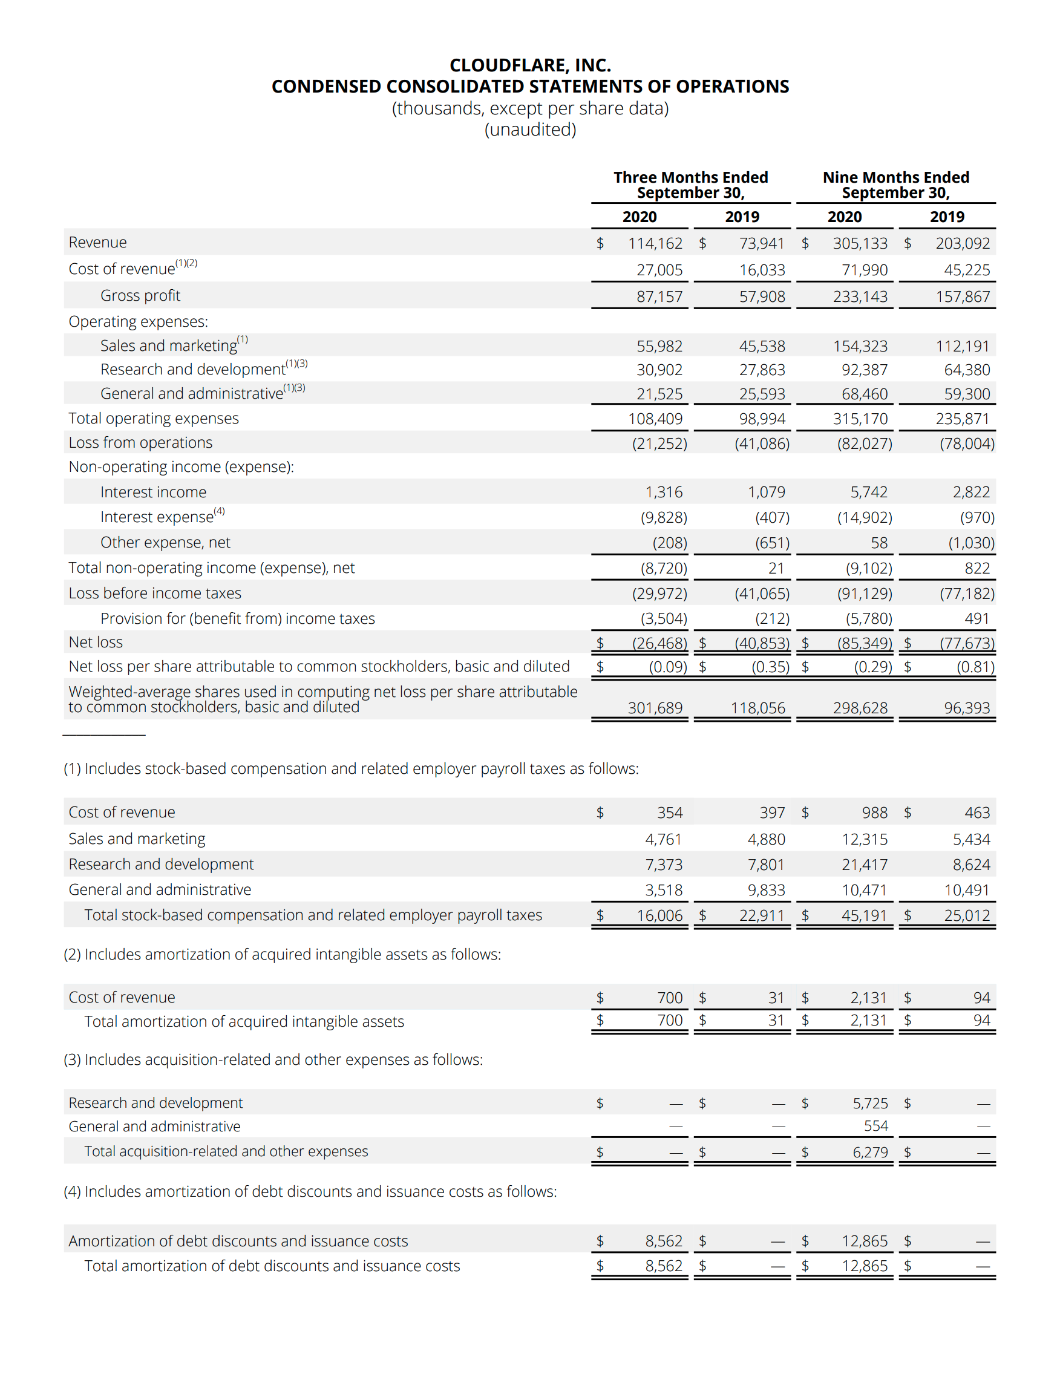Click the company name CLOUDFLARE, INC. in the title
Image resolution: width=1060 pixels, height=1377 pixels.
pyautogui.click(x=529, y=65)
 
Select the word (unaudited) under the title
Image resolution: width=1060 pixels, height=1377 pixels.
pyautogui.click(x=529, y=129)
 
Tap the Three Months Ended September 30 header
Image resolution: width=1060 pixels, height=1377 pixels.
pyautogui.click(x=690, y=185)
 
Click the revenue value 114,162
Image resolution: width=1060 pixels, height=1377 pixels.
pyautogui.click(x=655, y=243)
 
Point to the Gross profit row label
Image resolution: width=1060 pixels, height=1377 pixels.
pyautogui.click(x=140, y=296)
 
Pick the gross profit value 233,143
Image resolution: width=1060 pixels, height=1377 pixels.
pyautogui.click(x=860, y=296)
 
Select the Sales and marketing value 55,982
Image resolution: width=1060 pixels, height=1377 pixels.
pyautogui.click(x=659, y=346)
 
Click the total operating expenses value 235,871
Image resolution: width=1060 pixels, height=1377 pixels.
pyautogui.click(x=962, y=419)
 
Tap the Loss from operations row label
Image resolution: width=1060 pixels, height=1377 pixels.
pyautogui.click(x=140, y=443)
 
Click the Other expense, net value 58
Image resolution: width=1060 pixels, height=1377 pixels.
pyautogui.click(x=878, y=543)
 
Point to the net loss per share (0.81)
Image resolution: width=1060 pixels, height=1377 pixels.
pyautogui.click(x=975, y=667)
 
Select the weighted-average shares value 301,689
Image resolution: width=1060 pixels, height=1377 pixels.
pyautogui.click(x=655, y=708)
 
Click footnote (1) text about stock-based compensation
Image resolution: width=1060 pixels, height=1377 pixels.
pyautogui.click(x=350, y=768)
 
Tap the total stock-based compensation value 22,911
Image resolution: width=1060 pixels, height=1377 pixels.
pyautogui.click(x=762, y=915)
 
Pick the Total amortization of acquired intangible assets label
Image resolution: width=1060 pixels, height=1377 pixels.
pyautogui.click(x=244, y=1021)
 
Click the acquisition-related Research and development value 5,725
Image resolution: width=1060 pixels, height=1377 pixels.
pyautogui.click(x=869, y=1104)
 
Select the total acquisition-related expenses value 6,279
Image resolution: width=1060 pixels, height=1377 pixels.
pyautogui.click(x=869, y=1153)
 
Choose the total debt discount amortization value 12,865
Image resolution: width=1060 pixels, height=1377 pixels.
pyautogui.click(x=864, y=1266)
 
